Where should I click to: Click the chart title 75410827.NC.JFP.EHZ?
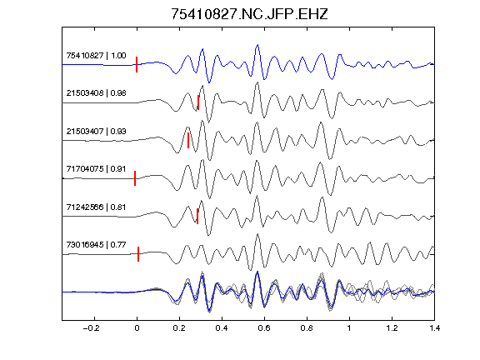[x=249, y=14]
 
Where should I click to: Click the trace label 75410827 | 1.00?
[x=96, y=56]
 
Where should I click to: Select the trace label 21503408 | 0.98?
[x=96, y=93]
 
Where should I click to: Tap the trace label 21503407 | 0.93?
[x=96, y=132]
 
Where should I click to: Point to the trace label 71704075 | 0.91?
[x=96, y=169]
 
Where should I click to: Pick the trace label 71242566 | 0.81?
[x=96, y=207]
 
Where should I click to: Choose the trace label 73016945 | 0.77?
[x=96, y=245]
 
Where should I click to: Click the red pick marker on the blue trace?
[x=137, y=65]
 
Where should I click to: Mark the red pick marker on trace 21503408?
[x=198, y=102]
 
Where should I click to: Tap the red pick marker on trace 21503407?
[x=188, y=141]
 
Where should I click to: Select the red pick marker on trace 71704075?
[x=135, y=178]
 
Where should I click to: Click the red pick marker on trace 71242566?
[x=197, y=216]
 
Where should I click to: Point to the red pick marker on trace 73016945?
[x=138, y=254]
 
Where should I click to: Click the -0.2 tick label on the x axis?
[x=92, y=328]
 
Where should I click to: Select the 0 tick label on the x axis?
[x=137, y=328]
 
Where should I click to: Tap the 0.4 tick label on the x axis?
[x=222, y=328]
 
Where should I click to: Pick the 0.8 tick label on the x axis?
[x=307, y=328]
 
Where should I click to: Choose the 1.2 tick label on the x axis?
[x=392, y=328]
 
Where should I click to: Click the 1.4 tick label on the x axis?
[x=435, y=328]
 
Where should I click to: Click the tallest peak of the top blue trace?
[x=257, y=45]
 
